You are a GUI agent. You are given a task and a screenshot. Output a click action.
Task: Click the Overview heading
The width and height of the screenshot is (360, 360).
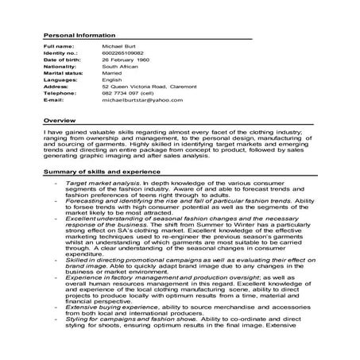click(59, 118)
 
